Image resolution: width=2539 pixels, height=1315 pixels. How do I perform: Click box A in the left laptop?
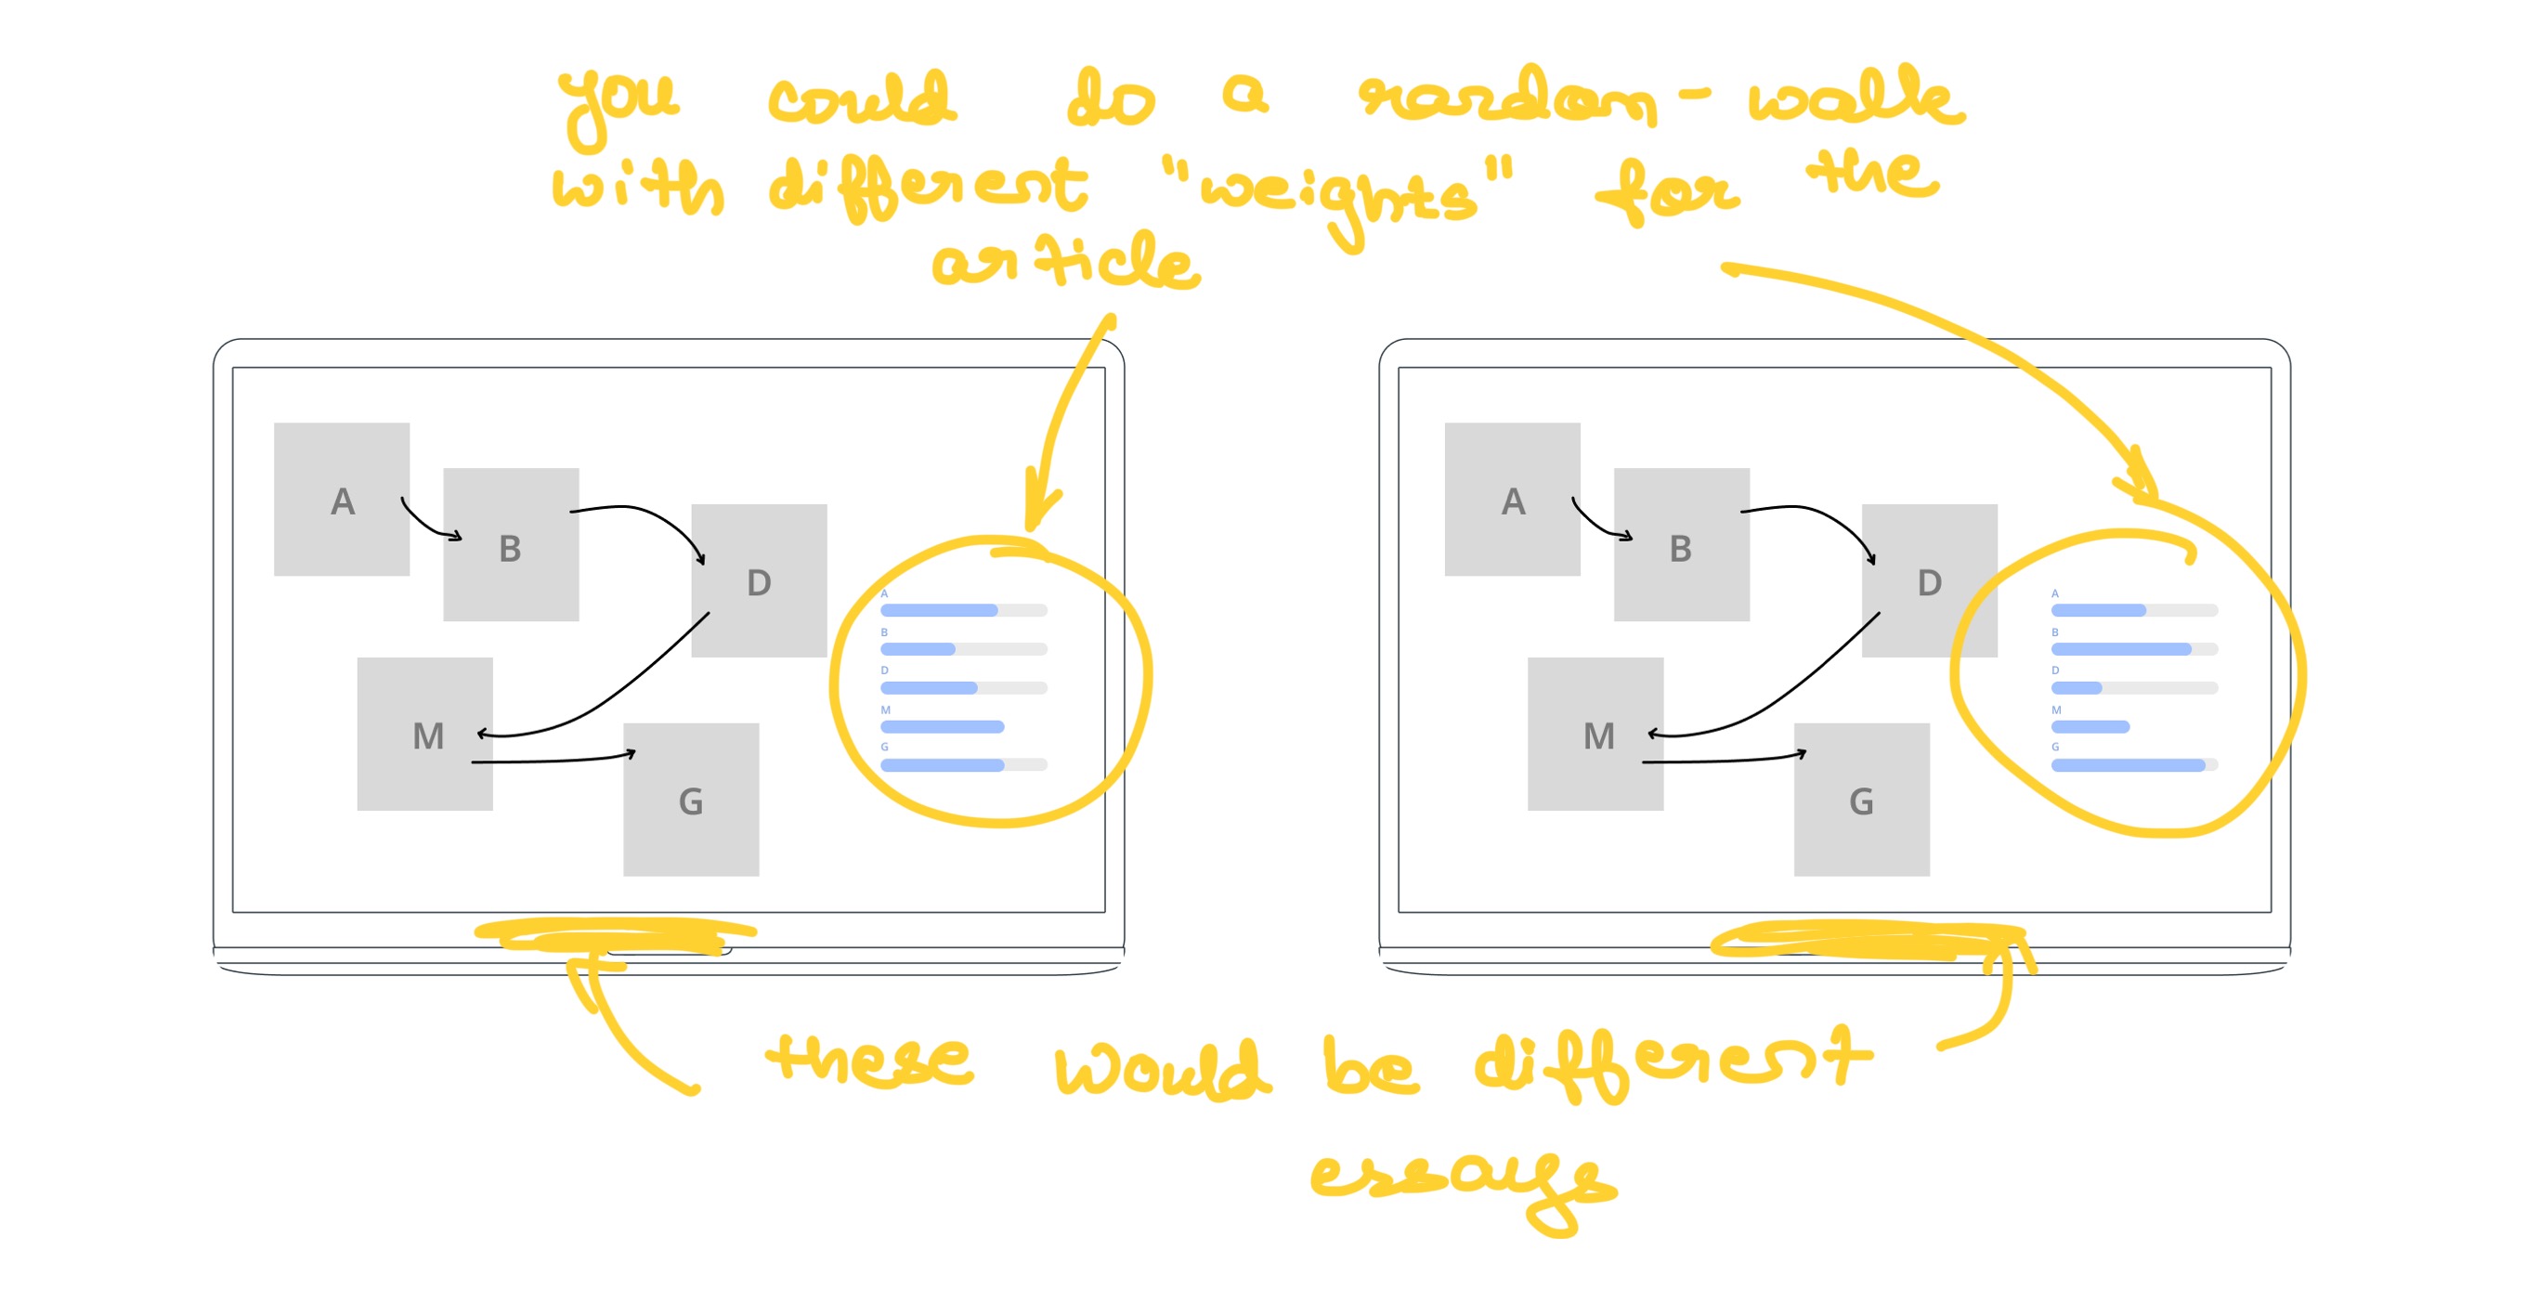point(341,499)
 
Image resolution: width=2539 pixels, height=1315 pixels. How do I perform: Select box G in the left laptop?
point(691,800)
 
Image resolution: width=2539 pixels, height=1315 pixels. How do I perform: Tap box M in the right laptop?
point(1595,734)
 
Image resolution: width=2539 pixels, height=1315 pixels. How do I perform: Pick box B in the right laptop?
point(1681,544)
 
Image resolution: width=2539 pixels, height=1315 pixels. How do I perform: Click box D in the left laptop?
point(758,580)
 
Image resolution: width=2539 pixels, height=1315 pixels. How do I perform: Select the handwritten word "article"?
point(1064,261)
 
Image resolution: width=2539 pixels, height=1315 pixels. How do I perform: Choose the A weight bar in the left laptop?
point(963,610)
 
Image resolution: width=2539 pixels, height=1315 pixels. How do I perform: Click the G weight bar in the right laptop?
point(2133,765)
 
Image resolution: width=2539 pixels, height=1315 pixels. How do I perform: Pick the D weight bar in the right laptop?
point(2133,687)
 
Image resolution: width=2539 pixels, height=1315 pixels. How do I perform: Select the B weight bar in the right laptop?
point(2133,648)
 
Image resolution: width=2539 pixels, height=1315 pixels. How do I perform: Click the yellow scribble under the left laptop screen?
point(616,935)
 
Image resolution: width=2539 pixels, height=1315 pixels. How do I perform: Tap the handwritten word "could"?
point(861,99)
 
